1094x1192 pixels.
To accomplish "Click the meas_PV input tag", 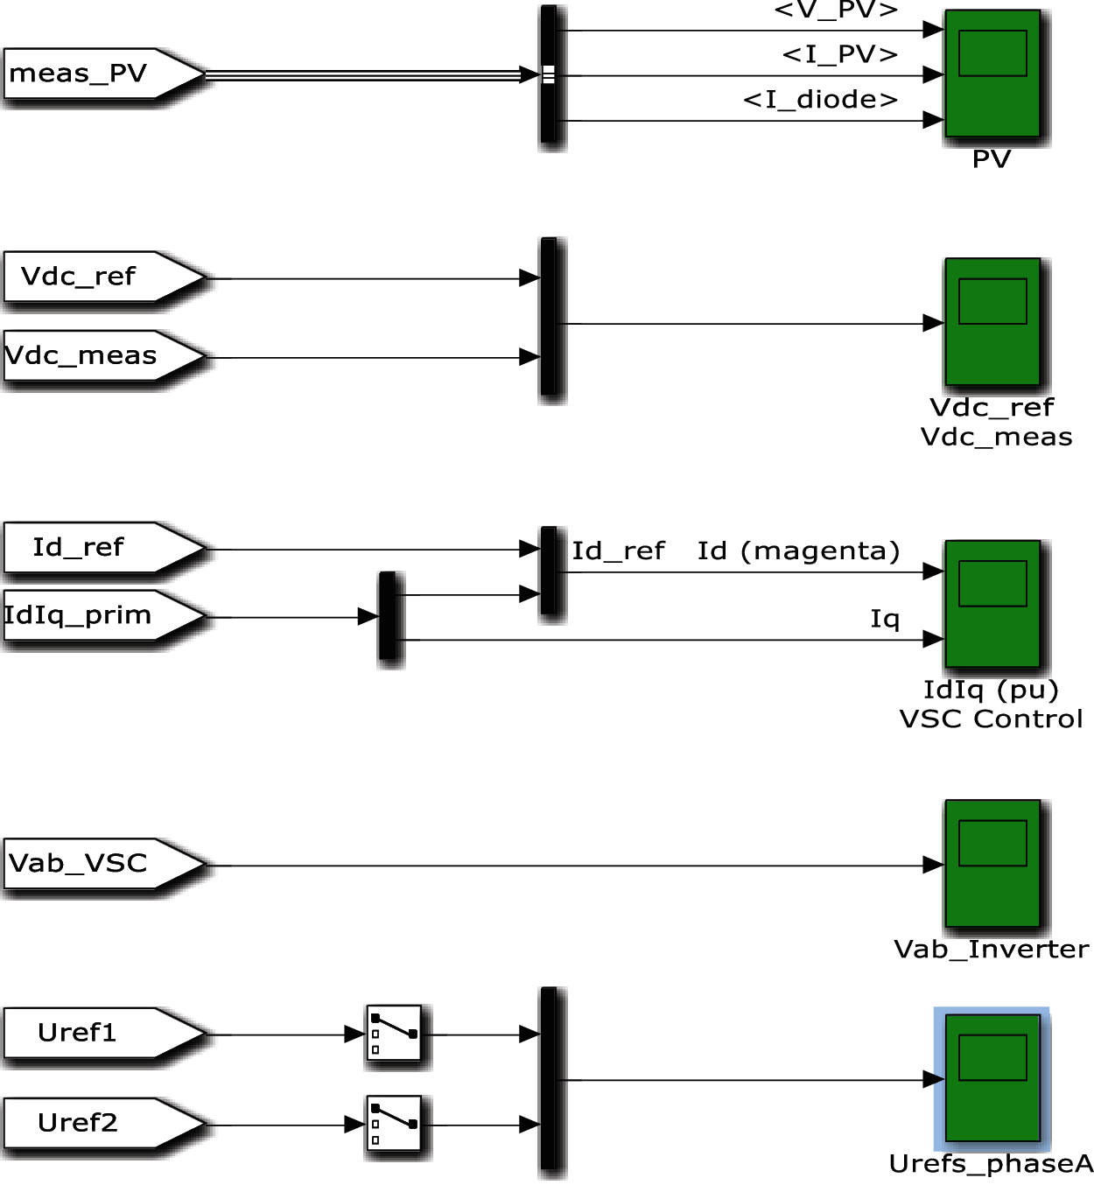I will [x=96, y=74].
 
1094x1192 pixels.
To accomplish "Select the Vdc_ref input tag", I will [x=96, y=277].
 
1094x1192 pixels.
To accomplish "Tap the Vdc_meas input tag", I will [x=96, y=356].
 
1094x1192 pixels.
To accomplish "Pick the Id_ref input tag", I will [x=96, y=548].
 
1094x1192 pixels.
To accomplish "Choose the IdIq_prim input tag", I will [x=96, y=616].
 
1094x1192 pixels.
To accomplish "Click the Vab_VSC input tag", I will [x=96, y=864].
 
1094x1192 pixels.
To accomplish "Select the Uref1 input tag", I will [x=96, y=1034].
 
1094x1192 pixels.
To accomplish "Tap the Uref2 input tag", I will [x=96, y=1124].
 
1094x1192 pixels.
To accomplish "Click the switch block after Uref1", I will [x=394, y=1034].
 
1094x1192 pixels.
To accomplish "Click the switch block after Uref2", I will [x=394, y=1124].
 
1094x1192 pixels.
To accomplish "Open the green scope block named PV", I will [x=992, y=74].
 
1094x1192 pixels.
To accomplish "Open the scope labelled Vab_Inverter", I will [x=992, y=864].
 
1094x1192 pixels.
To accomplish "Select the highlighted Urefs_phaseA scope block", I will [x=992, y=1078].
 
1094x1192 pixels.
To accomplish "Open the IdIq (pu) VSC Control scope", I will [x=992, y=604].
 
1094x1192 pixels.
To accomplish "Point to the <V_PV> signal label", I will [x=837, y=11].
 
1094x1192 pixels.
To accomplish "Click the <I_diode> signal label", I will [x=821, y=100].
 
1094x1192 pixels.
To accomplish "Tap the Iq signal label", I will [x=885, y=620].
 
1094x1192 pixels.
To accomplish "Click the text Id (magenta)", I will [x=798, y=551].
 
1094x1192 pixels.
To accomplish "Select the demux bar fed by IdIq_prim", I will [x=389, y=616].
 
